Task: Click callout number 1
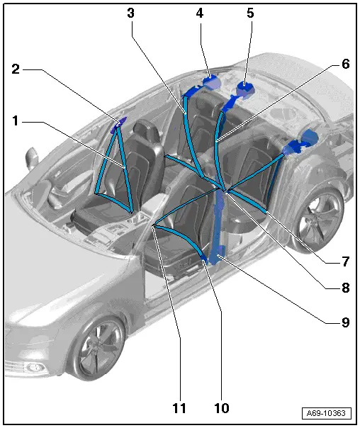[16, 121]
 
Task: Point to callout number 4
[201, 13]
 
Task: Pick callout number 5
[249, 13]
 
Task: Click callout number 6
[345, 64]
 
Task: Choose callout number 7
[345, 261]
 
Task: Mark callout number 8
[345, 288]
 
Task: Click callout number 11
[179, 408]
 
